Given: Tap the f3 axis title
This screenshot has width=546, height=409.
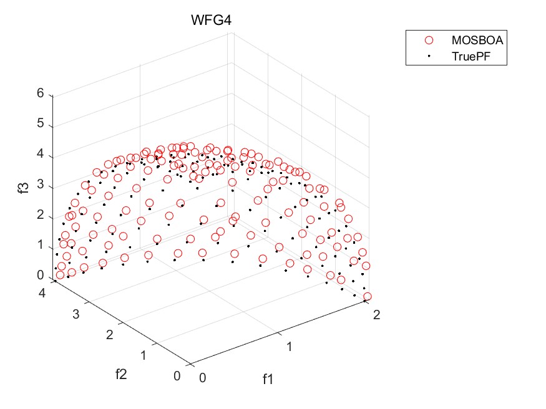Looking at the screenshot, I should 24,187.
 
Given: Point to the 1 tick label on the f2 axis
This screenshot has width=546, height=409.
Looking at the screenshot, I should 144,355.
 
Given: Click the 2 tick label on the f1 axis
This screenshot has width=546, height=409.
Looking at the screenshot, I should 375,315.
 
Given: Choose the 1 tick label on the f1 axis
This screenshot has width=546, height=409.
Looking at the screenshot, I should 288,346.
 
